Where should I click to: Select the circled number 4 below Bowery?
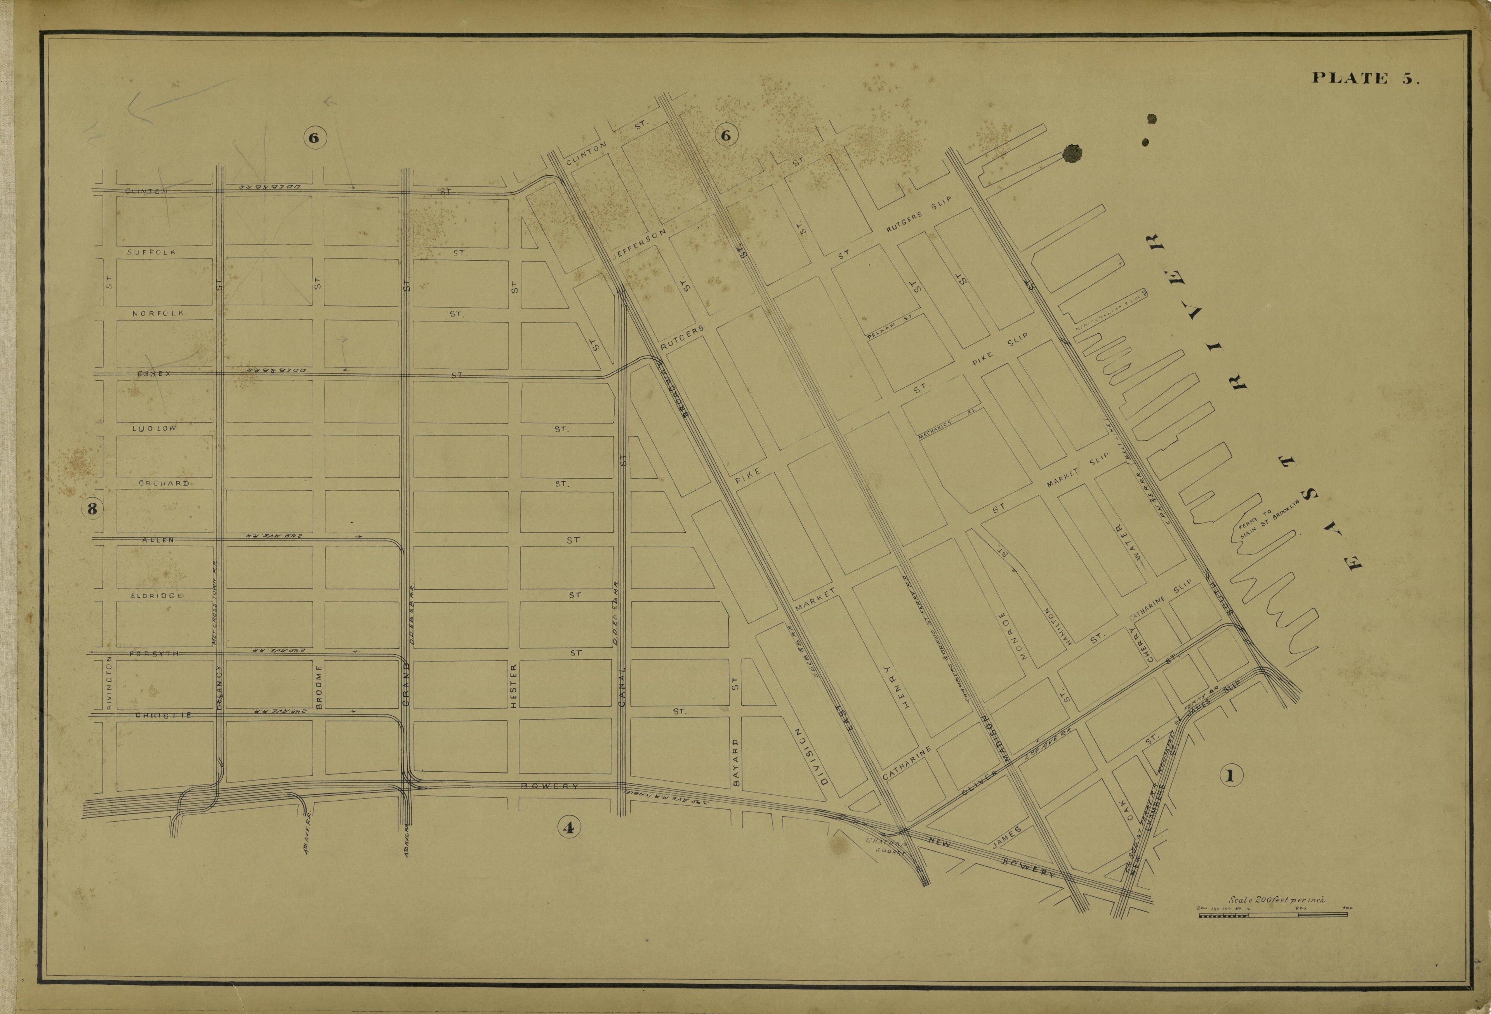tap(567, 828)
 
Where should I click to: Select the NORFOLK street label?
tap(157, 313)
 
